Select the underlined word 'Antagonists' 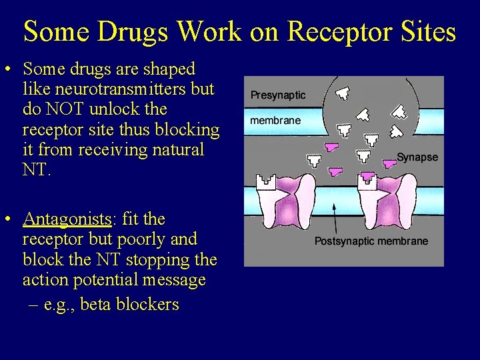tap(66, 219)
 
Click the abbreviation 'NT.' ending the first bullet tap(36, 169)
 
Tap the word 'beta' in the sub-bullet tap(96, 305)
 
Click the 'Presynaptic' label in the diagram tap(278, 95)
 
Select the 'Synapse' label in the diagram tap(417, 157)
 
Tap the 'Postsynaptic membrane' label tap(371, 241)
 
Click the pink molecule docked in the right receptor tap(367, 177)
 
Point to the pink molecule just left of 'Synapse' tap(389, 163)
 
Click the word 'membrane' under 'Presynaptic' tap(275, 121)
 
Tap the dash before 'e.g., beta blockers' tap(33, 305)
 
